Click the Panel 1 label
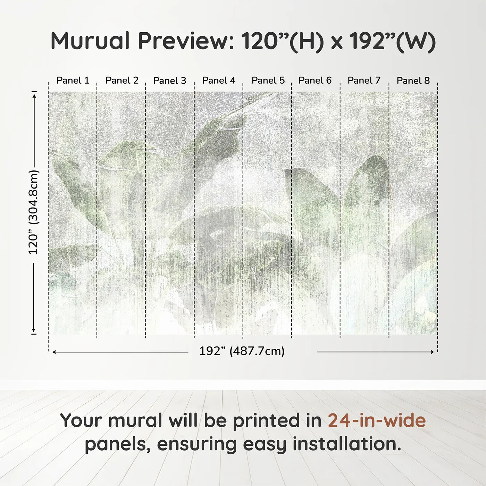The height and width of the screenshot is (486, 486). (73, 81)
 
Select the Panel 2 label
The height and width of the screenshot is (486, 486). (122, 81)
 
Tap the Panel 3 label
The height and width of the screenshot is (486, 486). (170, 81)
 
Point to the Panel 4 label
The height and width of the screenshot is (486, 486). (219, 81)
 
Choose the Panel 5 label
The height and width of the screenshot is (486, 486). (268, 81)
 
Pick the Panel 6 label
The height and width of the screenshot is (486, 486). (315, 81)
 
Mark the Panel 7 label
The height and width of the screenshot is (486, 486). (364, 81)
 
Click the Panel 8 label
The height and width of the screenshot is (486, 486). (413, 81)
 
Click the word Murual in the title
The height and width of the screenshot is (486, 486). (90, 41)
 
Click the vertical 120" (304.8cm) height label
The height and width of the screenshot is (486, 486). (34, 212)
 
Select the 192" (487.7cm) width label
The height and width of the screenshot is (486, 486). (242, 351)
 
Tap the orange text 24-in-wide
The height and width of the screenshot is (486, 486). (377, 420)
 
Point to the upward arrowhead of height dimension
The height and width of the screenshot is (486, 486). (34, 95)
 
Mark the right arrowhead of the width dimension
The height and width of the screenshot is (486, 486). (432, 352)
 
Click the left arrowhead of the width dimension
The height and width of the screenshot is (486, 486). (54, 352)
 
